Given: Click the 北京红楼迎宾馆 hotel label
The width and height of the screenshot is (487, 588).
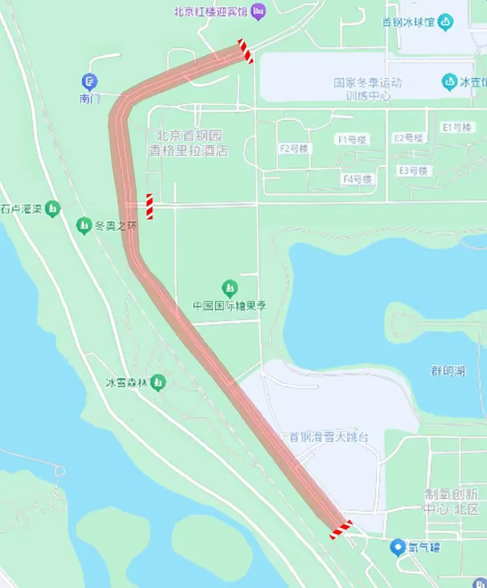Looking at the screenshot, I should [211, 11].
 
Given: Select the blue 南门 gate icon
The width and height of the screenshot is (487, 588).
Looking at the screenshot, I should [89, 82].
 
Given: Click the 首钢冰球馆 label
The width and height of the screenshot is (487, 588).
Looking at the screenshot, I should [408, 22].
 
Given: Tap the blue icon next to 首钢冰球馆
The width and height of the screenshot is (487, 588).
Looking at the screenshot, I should [445, 22].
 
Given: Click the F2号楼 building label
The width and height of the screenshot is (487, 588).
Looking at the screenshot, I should [294, 148].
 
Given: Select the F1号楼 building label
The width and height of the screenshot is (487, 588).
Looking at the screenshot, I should [352, 140].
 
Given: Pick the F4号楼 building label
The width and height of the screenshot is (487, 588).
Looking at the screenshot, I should [357, 179].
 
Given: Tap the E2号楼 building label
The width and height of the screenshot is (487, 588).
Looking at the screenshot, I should [408, 137].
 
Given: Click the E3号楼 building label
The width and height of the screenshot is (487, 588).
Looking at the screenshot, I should [414, 171].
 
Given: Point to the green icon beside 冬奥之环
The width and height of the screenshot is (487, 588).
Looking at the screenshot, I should [83, 226].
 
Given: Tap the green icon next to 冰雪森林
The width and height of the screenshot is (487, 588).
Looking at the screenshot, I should [158, 383].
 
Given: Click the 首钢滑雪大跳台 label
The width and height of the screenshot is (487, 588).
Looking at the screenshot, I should [328, 437].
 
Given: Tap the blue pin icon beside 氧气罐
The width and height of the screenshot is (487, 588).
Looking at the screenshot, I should [398, 547].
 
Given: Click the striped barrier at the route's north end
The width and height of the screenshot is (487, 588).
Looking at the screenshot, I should [246, 51].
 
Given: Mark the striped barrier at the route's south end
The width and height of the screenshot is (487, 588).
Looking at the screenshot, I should [340, 530].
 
